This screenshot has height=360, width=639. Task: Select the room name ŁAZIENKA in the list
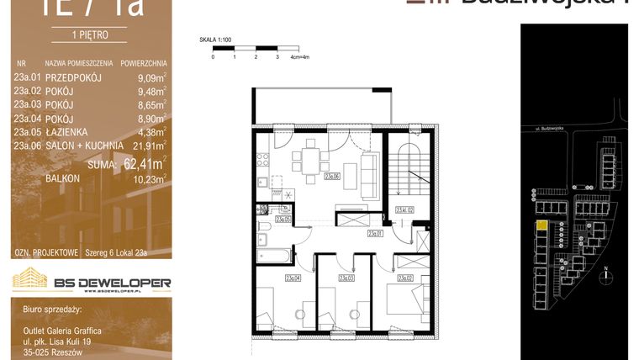(78, 132)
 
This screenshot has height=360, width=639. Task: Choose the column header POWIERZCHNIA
(143, 63)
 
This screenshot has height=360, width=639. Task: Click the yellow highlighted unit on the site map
(542, 225)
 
